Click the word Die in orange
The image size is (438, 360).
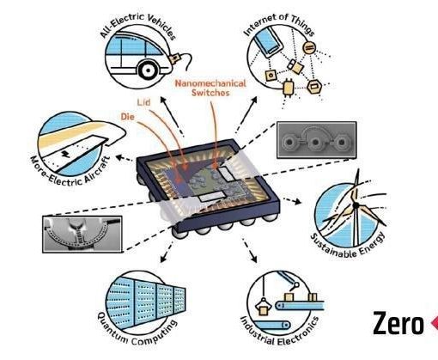[x=128, y=117]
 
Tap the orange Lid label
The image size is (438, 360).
[x=143, y=102]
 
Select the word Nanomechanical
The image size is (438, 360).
[x=210, y=83]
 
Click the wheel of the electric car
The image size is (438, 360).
[x=148, y=70]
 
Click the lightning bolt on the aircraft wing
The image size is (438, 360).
[x=66, y=154]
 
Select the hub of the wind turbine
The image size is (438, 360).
[x=356, y=205]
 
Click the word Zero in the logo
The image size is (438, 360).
[x=398, y=323]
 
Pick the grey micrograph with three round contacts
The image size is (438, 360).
[x=317, y=140]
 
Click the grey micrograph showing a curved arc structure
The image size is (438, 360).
[x=82, y=235]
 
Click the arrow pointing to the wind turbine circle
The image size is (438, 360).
[x=292, y=200]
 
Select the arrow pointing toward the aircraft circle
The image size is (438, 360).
[x=124, y=158]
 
